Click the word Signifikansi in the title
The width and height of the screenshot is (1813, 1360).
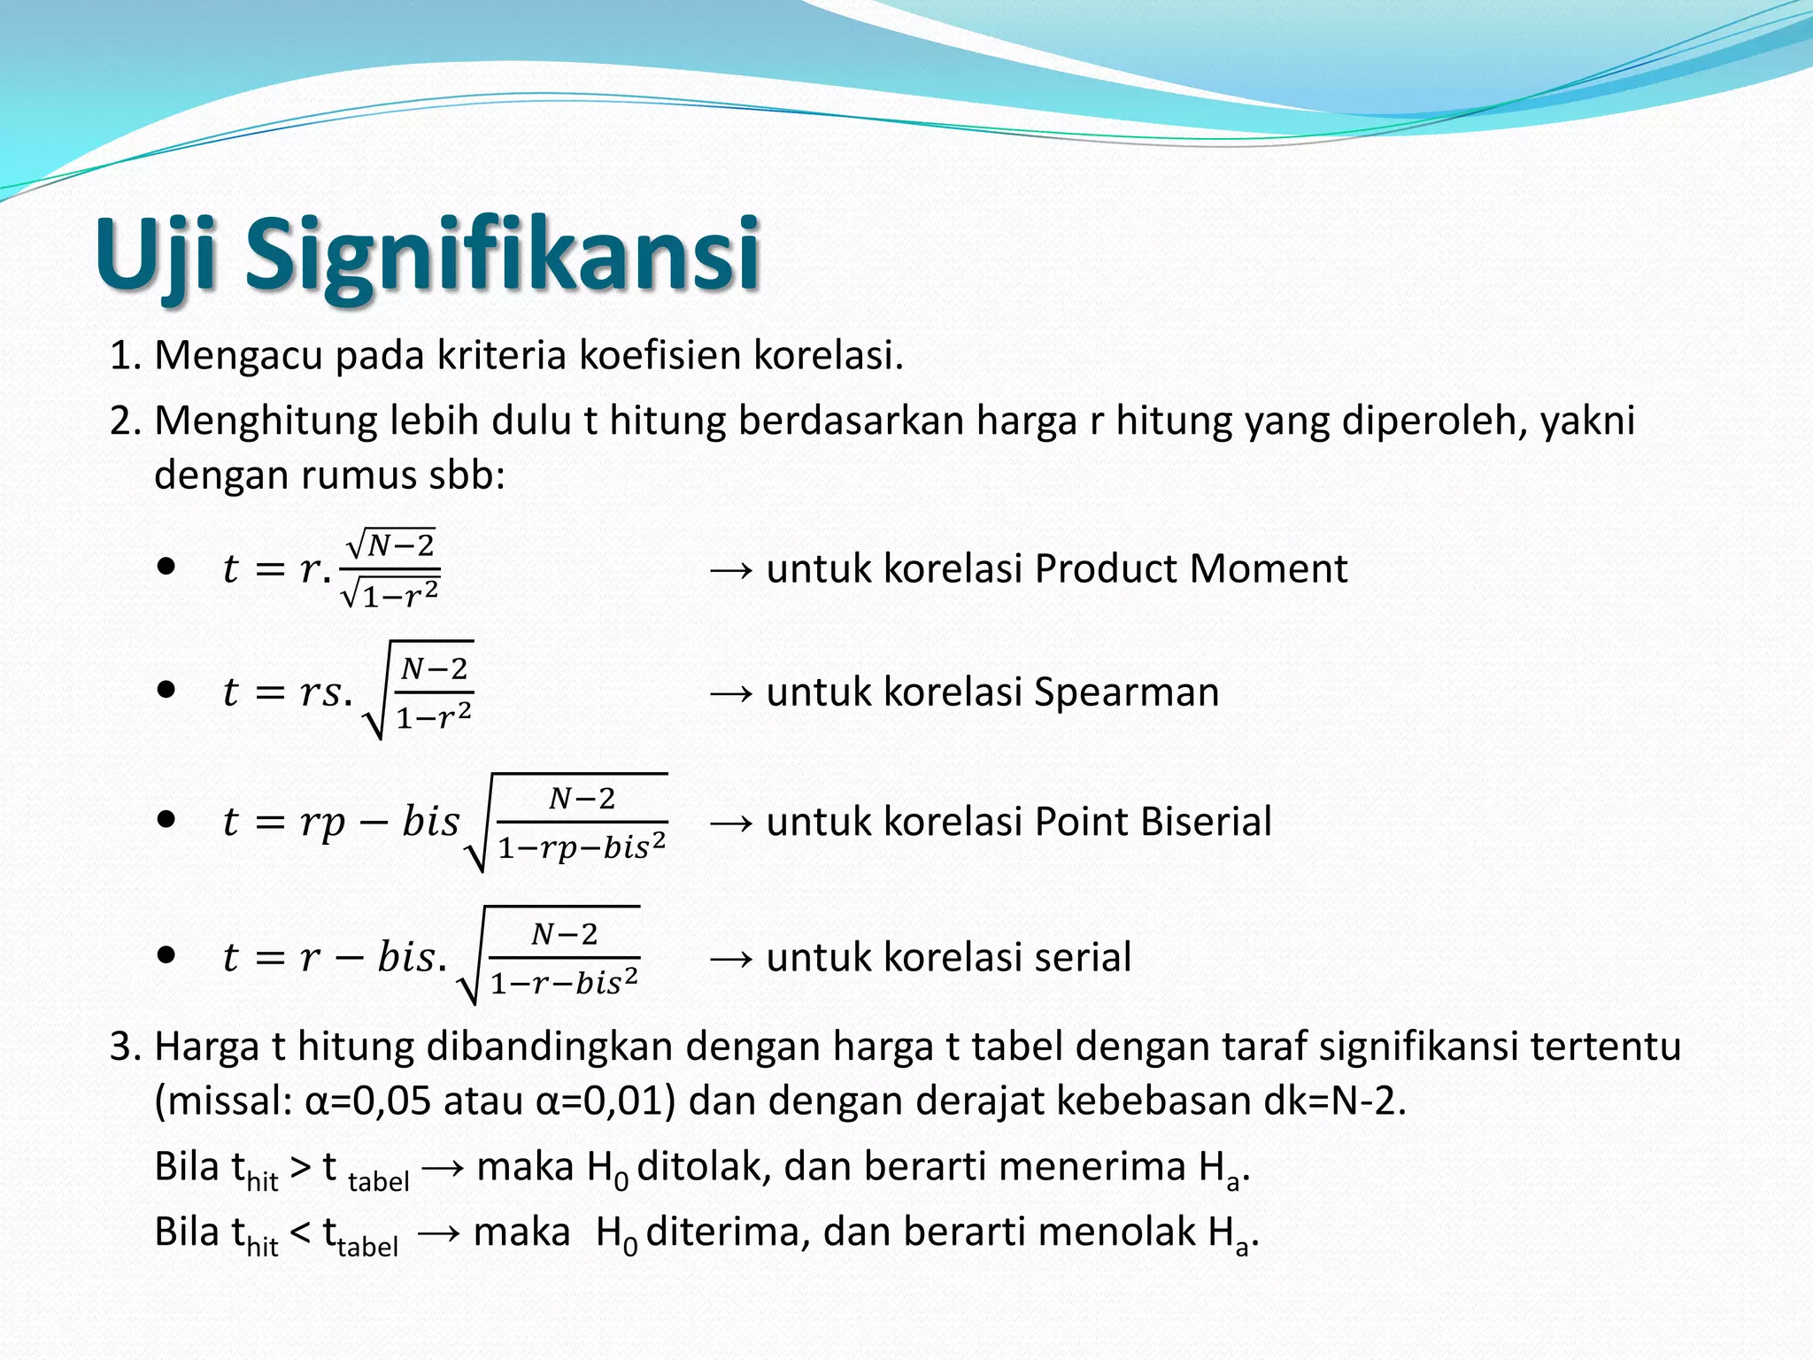click(x=502, y=254)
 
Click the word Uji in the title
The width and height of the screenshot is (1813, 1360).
click(x=156, y=254)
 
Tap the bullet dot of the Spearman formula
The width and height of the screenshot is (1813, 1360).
click(x=166, y=690)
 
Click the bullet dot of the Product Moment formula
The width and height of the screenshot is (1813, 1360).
click(x=166, y=566)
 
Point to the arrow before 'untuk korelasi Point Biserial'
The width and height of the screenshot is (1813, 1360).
click(x=731, y=823)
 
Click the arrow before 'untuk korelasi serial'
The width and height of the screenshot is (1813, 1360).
click(x=731, y=958)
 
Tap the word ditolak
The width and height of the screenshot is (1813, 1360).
click(x=704, y=1166)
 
